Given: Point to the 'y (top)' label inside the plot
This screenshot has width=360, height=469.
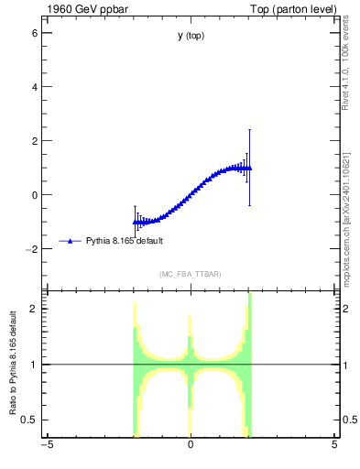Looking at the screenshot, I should [x=191, y=36].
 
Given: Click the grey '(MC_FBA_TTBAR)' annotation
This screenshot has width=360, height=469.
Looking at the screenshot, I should [x=191, y=274].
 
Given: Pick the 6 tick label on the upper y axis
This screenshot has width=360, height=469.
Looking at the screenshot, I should [x=34, y=32].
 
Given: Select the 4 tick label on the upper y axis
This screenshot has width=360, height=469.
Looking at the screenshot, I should [x=34, y=86].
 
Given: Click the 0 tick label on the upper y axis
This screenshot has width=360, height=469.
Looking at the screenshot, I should [x=34, y=194].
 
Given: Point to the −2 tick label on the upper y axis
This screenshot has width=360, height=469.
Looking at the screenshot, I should [x=31, y=248].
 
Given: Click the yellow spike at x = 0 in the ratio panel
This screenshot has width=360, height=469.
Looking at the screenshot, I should [x=190, y=325].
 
